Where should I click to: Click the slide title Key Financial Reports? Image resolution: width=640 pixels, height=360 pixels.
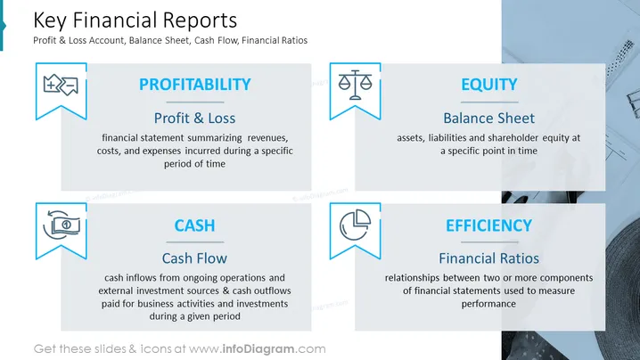[x=135, y=20]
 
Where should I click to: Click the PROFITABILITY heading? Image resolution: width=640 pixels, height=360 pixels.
[x=194, y=85]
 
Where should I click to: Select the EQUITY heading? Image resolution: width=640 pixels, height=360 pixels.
[x=489, y=85]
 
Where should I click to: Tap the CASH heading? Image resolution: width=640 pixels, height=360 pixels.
[x=194, y=225]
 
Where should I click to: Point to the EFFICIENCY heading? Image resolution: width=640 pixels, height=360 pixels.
[x=489, y=225]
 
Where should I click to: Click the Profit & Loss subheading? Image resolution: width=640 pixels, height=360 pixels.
[x=194, y=118]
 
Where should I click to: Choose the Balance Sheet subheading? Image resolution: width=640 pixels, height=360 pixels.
[x=489, y=118]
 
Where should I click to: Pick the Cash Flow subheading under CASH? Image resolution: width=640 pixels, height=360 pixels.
[x=194, y=258]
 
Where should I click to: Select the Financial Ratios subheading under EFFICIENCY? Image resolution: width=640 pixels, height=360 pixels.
[x=489, y=258]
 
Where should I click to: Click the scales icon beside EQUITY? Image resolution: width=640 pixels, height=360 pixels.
[x=355, y=85]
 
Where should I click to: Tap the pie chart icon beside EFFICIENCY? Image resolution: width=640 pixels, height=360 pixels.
[x=355, y=225]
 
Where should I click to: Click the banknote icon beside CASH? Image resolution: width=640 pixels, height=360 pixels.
[x=62, y=225]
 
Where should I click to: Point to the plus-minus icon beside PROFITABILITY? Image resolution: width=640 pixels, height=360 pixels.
[x=61, y=85]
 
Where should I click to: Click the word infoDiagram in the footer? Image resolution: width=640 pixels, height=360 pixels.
[x=258, y=349]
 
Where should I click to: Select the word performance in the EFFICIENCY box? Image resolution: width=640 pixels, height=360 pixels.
[x=488, y=304]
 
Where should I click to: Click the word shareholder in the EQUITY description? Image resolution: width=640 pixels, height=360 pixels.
[x=513, y=138]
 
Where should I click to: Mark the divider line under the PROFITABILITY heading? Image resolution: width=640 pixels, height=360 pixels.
[x=195, y=102]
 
